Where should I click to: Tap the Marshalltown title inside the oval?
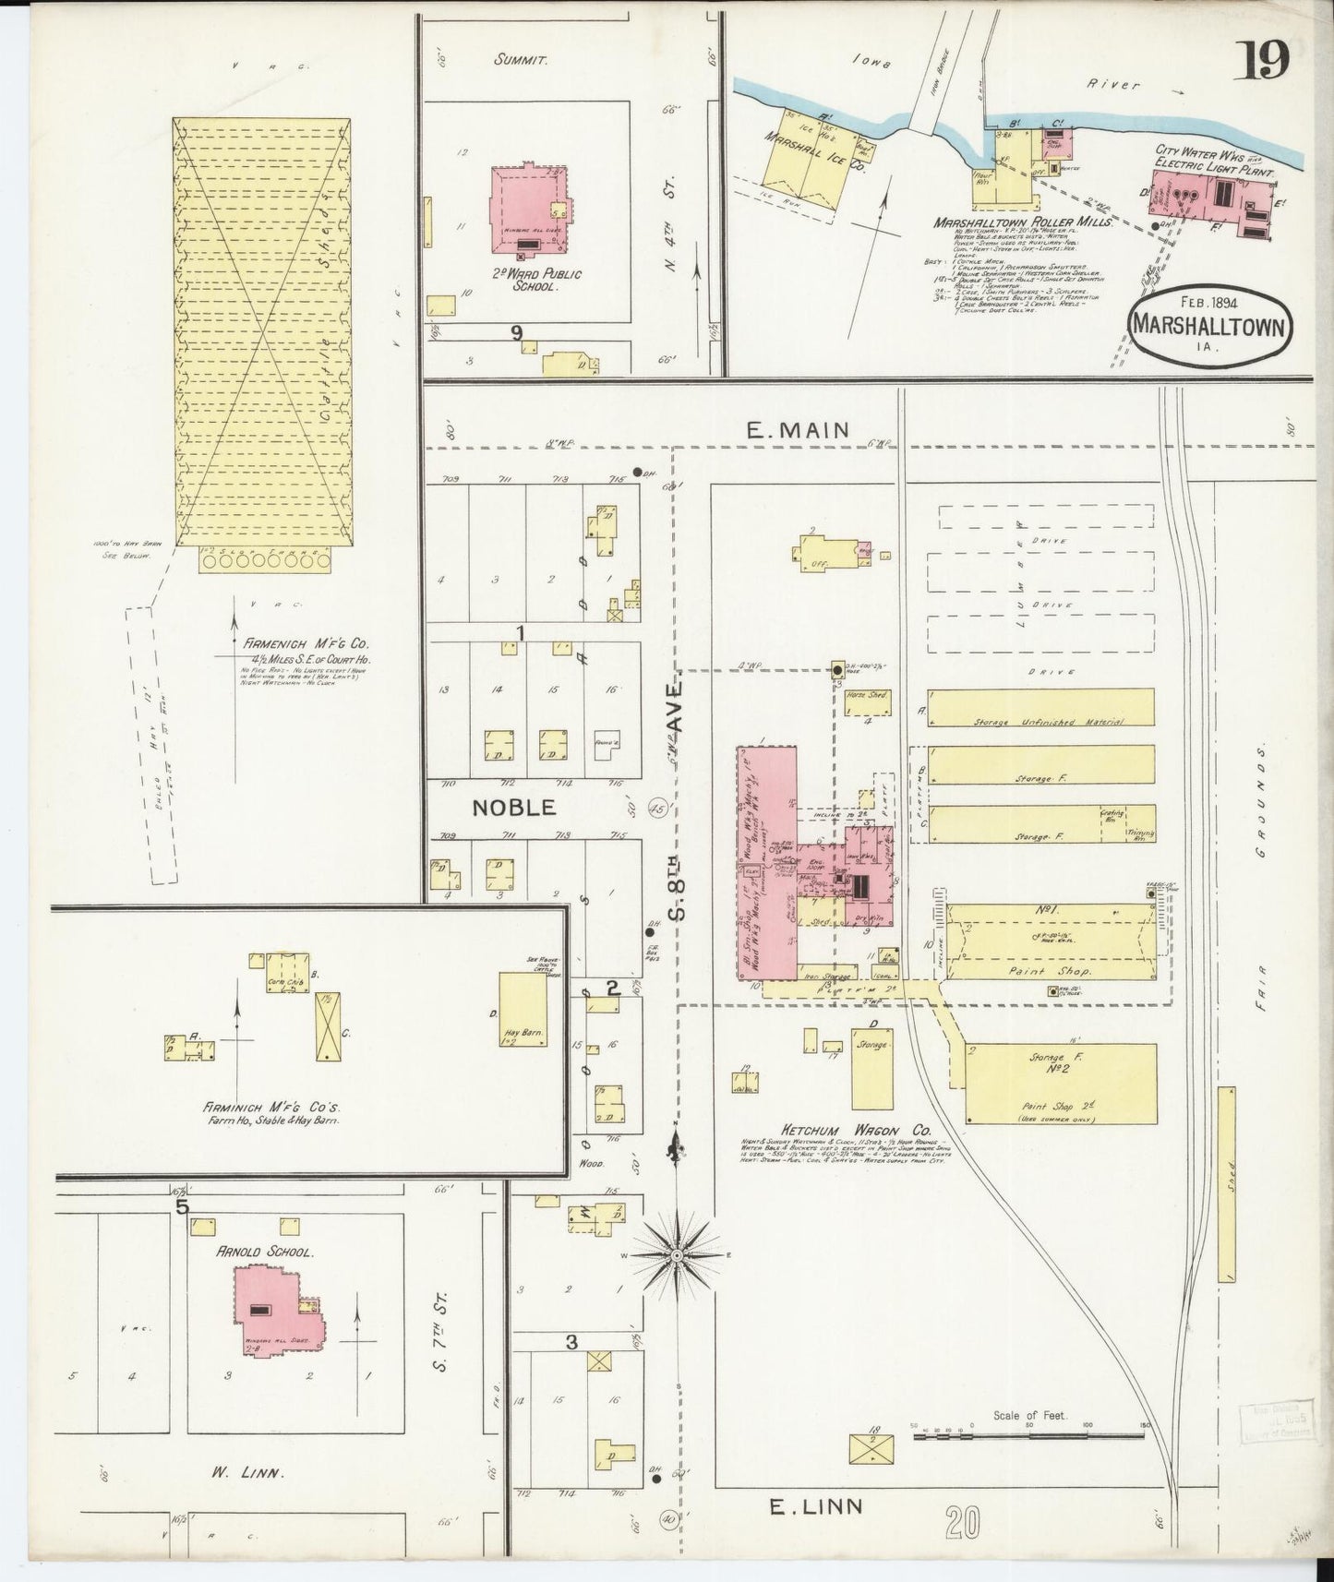1208,326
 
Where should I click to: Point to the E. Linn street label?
817,1506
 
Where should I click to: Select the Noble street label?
514,807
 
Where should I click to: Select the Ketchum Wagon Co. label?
843,1130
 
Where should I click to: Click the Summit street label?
521,60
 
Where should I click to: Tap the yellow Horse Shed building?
869,703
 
